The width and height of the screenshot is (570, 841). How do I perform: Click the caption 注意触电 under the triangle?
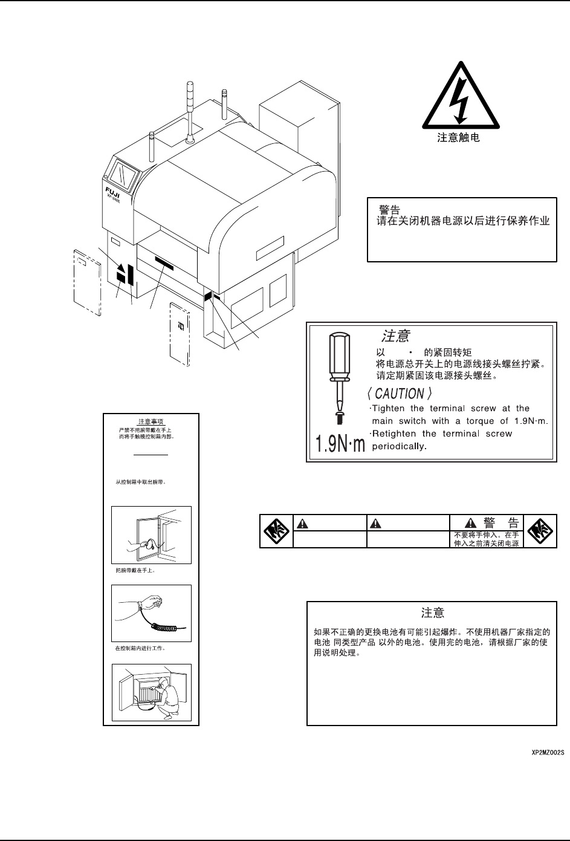(x=459, y=138)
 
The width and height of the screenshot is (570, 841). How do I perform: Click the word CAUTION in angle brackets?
(x=400, y=394)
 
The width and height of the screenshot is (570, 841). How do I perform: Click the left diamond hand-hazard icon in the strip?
(x=276, y=531)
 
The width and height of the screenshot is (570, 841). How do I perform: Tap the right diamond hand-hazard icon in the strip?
(x=538, y=531)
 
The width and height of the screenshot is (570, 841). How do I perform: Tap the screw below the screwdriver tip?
(x=337, y=417)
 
